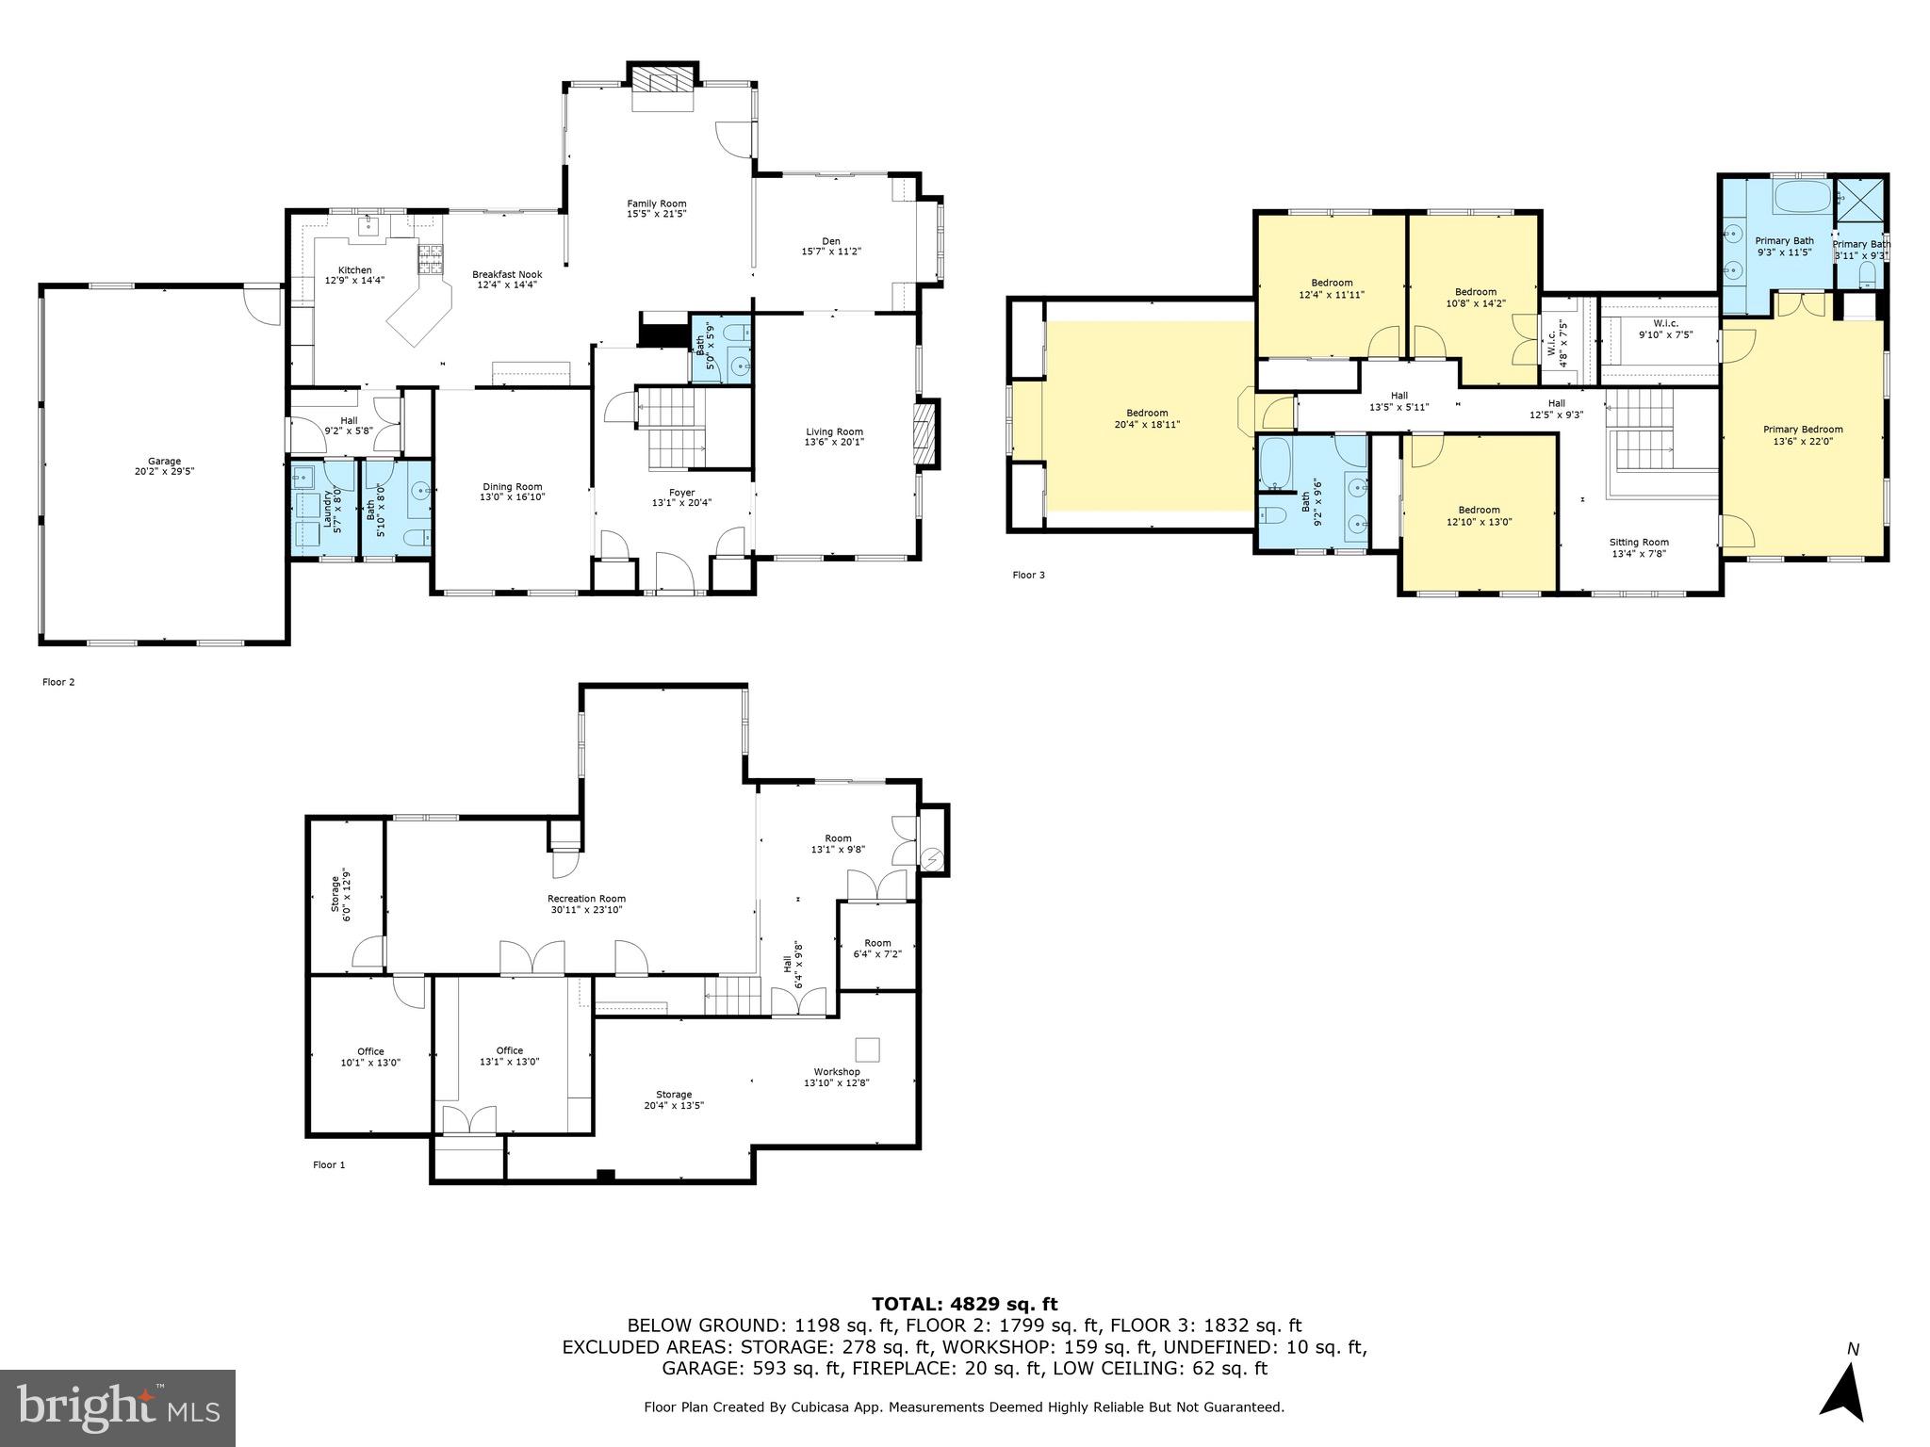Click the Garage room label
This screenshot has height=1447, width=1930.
tap(164, 462)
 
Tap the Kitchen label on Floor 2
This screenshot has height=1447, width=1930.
tap(355, 270)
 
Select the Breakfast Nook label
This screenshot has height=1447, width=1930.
tap(507, 275)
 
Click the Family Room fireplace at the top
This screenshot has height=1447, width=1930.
tap(662, 80)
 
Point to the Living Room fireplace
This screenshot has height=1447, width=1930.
tap(927, 433)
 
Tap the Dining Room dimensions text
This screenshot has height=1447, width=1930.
tap(513, 496)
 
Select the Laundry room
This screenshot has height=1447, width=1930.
tap(324, 510)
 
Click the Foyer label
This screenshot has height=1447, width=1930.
tap(681, 493)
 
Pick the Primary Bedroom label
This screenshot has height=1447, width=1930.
tap(1803, 430)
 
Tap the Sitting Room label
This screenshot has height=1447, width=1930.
tap(1639, 542)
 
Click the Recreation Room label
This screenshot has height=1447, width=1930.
tap(586, 899)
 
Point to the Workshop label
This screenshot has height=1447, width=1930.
tap(837, 1072)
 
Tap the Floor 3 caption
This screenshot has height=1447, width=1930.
tap(1028, 575)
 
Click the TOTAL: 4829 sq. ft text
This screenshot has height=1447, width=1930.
tap(964, 1304)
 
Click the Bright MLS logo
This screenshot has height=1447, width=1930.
tap(118, 1408)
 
